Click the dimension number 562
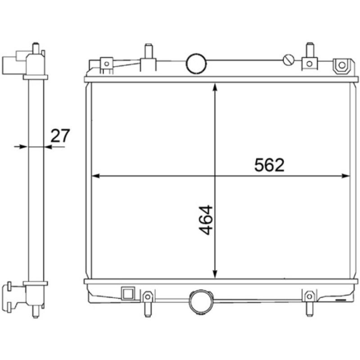(x=270, y=165)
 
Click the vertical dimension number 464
(x=206, y=220)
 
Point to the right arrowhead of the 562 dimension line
(x=346, y=176)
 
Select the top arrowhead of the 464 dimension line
(x=215, y=87)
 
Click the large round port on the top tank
(x=196, y=63)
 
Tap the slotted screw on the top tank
(x=288, y=60)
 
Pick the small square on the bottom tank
(x=128, y=294)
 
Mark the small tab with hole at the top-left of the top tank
(x=106, y=63)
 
